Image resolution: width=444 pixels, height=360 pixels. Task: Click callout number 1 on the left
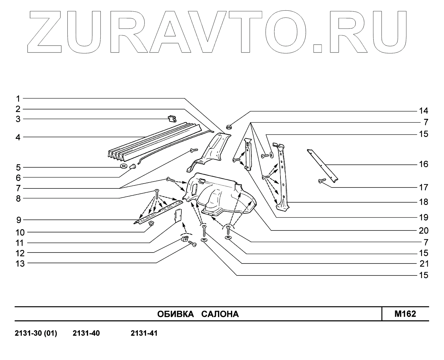(18, 98)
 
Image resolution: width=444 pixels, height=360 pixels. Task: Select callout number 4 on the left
(18, 137)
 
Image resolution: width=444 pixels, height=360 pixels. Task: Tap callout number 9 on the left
(18, 220)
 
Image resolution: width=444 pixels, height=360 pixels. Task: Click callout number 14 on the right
(423, 111)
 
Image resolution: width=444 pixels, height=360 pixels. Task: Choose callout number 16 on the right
(423, 164)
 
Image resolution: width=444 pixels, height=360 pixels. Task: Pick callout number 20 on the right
(423, 231)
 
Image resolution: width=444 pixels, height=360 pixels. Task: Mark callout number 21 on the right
(423, 264)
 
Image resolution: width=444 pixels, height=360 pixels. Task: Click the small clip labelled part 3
(172, 119)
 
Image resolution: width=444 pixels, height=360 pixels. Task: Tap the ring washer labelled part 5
(123, 166)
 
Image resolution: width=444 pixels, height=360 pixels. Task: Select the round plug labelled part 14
(229, 127)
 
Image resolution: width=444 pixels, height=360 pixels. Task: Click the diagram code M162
(405, 314)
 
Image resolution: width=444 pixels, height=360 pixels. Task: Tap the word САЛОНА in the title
(220, 314)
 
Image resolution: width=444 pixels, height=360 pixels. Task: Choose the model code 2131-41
(144, 333)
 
